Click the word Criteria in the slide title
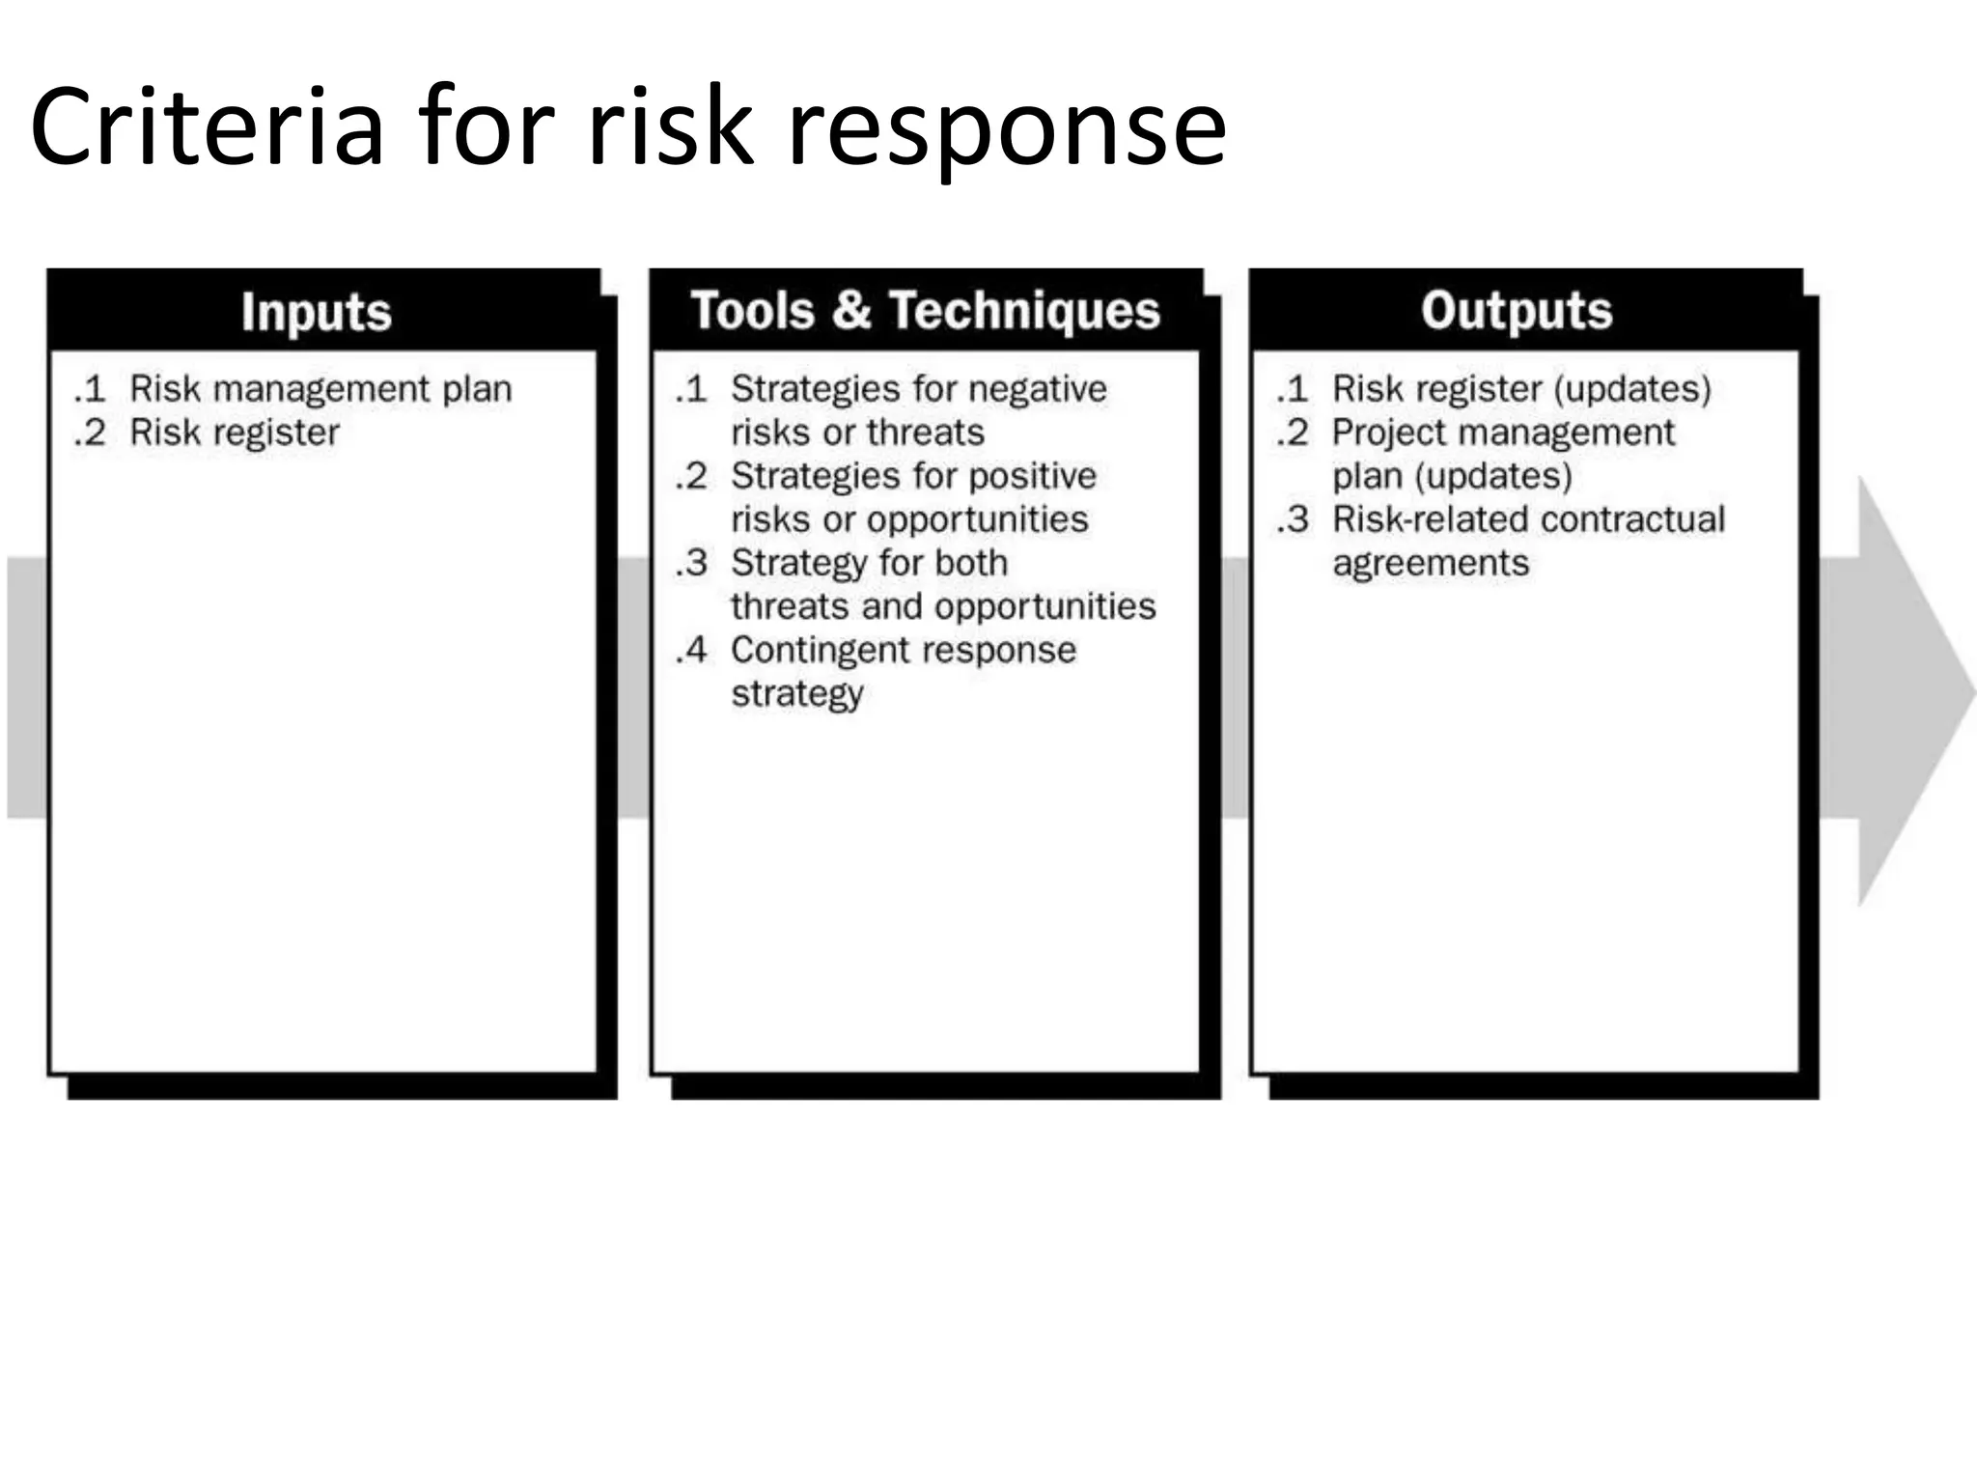(208, 127)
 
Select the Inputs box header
(317, 312)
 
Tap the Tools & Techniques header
(925, 311)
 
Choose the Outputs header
(1517, 311)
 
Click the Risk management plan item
(320, 389)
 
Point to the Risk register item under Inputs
(235, 433)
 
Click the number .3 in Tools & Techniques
(692, 563)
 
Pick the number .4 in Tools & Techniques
(692, 650)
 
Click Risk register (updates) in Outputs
(1521, 389)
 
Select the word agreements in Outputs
(1431, 563)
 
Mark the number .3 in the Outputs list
(1294, 519)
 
